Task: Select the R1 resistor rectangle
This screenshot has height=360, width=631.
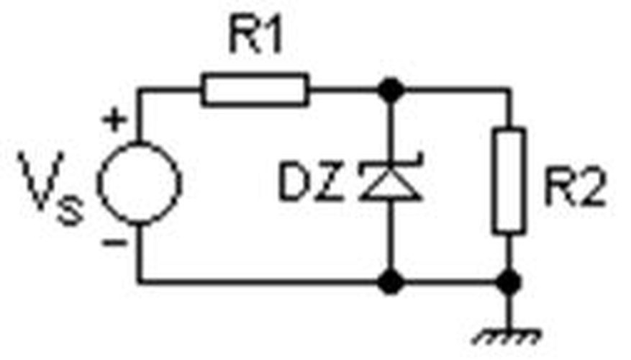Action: click(255, 90)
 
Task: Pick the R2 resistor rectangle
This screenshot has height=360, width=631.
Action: click(509, 180)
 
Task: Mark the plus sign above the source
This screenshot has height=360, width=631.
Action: click(112, 120)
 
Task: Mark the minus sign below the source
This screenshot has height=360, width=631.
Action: click(112, 243)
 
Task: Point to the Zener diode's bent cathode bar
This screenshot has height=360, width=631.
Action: click(391, 167)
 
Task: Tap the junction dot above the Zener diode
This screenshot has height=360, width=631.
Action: click(391, 90)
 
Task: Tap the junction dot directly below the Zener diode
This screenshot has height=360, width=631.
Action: click(391, 282)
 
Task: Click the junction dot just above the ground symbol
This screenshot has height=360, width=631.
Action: click(509, 282)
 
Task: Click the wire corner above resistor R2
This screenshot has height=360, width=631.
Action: click(509, 90)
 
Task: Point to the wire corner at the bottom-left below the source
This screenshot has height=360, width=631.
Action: click(139, 282)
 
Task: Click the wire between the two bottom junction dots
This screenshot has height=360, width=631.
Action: click(450, 282)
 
